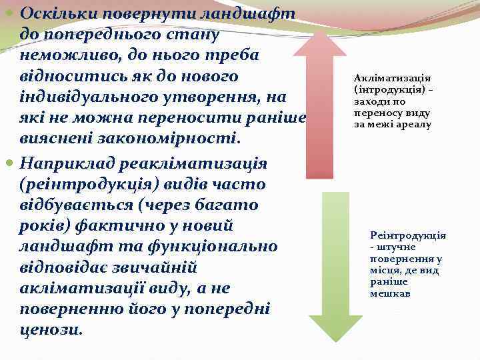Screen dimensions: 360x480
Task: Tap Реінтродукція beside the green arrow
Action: (x=408, y=235)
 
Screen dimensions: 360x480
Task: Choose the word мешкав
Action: (x=390, y=293)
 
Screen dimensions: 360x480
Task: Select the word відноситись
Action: (x=68, y=77)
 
